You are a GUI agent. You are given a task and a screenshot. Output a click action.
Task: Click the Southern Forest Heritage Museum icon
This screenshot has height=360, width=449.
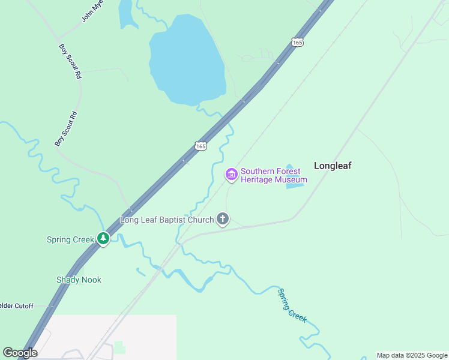coord(231,175)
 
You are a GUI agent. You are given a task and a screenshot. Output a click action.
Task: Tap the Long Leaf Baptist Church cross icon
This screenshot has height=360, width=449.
coord(223,219)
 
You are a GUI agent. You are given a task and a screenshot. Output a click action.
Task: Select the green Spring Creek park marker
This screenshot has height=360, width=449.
coord(103,239)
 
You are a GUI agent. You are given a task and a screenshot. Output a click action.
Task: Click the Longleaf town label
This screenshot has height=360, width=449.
coord(333,166)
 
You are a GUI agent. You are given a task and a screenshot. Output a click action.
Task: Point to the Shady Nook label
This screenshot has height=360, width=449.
coord(79,280)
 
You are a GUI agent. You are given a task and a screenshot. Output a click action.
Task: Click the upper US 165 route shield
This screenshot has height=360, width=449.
coord(298,41)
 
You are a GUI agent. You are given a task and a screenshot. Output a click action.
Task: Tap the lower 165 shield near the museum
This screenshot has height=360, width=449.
coord(200,146)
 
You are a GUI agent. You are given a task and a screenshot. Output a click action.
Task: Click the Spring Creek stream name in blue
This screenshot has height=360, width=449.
coord(292,305)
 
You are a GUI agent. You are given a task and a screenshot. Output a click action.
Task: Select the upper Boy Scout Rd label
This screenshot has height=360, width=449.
coord(70,61)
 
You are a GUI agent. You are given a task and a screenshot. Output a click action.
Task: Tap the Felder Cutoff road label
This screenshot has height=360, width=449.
coord(17,305)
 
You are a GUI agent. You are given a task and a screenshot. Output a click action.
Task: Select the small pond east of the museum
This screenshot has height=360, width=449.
coord(292,178)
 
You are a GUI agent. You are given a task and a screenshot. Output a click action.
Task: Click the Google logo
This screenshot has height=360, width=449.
coord(20,353)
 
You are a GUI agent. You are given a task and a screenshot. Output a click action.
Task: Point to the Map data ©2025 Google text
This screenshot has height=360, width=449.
coord(412,355)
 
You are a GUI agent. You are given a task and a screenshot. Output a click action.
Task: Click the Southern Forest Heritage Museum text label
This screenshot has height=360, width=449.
coord(274,175)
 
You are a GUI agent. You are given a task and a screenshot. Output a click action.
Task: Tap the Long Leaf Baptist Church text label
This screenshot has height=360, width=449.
coord(167,220)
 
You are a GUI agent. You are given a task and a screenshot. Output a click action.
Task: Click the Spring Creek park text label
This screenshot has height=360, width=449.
coord(70,239)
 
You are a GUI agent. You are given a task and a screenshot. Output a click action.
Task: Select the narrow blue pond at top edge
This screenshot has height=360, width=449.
coord(127,14)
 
